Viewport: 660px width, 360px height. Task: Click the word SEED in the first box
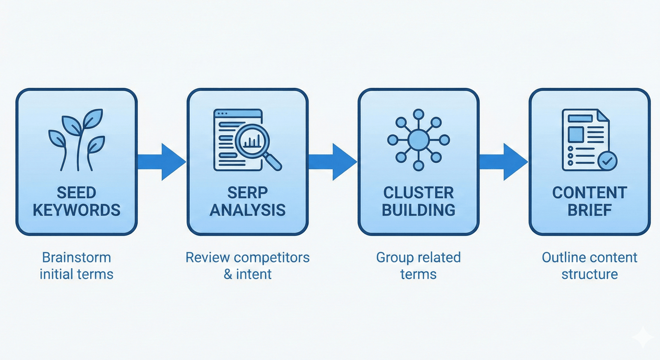[76, 193]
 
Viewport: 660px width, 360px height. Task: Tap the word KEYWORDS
[76, 210]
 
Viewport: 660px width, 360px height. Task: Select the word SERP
[247, 193]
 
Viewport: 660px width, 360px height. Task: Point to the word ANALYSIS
[247, 210]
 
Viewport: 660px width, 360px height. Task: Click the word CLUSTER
[418, 193]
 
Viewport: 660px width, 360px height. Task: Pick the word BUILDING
[418, 210]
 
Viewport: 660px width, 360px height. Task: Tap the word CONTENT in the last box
[589, 193]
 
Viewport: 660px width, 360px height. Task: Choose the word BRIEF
[589, 210]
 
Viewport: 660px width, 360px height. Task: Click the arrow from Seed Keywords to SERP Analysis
[162, 162]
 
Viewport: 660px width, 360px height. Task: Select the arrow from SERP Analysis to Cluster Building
[333, 162]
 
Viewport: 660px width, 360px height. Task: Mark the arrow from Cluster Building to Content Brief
[504, 162]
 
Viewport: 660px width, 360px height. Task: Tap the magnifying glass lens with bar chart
[252, 141]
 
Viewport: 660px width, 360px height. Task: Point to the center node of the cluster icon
[418, 140]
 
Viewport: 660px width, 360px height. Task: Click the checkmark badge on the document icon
[607, 161]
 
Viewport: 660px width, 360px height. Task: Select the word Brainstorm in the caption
[76, 257]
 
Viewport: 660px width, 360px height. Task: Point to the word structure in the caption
[589, 274]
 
